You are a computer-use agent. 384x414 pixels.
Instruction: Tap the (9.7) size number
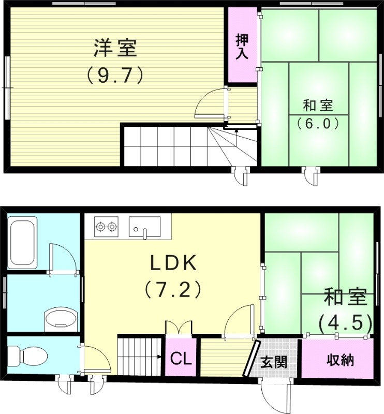(x=115, y=76)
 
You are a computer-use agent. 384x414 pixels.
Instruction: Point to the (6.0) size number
(x=317, y=123)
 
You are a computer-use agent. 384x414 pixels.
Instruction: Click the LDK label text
(x=173, y=263)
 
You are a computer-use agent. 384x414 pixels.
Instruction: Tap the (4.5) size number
(x=345, y=323)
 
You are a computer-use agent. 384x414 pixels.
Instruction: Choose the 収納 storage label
(x=340, y=360)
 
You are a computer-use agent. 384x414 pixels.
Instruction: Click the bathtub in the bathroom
(x=23, y=243)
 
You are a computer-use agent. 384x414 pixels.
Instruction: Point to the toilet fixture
(x=29, y=356)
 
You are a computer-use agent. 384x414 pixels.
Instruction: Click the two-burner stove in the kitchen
(x=106, y=226)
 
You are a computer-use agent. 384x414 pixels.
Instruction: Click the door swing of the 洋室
(x=211, y=103)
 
